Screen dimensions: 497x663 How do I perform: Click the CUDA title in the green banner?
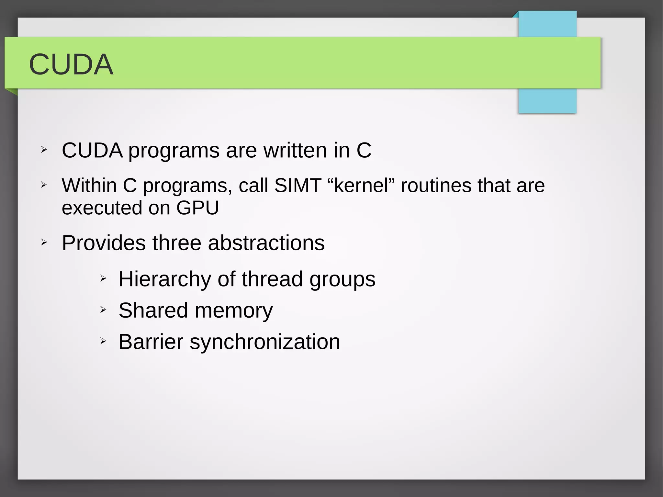(x=71, y=64)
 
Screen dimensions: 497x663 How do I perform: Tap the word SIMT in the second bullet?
(x=298, y=186)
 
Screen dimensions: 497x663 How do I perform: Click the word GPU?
(x=197, y=208)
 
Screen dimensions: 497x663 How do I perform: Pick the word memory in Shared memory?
(x=234, y=311)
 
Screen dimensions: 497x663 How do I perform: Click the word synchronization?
(x=265, y=342)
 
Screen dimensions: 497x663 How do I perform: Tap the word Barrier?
(x=151, y=342)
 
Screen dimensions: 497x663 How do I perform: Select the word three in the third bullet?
(x=177, y=243)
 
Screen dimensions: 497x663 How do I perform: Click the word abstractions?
(x=266, y=243)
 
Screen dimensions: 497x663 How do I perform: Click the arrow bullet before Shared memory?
(x=103, y=310)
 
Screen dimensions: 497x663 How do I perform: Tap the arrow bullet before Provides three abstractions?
(x=44, y=242)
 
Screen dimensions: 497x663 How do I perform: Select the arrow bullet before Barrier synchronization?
(x=103, y=341)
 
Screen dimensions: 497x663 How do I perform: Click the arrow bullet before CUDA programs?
(x=44, y=150)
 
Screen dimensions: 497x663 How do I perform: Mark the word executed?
(x=102, y=208)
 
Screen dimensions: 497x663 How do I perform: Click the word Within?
(x=89, y=186)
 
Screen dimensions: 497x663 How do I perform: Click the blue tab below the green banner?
(x=547, y=101)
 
